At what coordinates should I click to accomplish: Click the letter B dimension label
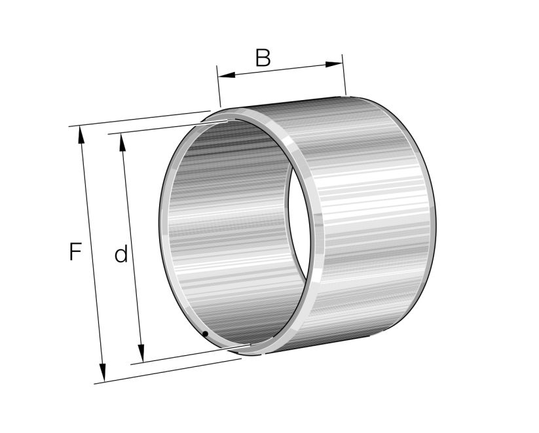(262, 58)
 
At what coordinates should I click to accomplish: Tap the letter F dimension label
(75, 252)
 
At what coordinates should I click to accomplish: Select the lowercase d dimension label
(121, 254)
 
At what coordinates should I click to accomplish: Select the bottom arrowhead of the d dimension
(139, 354)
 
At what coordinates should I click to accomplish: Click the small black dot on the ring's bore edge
(205, 334)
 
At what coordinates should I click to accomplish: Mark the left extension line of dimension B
(218, 85)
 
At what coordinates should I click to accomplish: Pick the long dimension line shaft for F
(92, 255)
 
